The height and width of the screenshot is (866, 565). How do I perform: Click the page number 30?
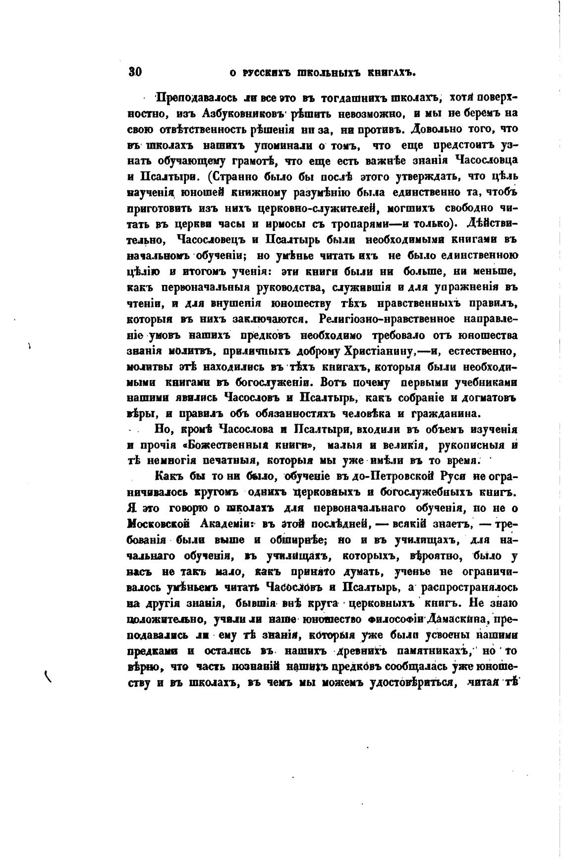point(136,72)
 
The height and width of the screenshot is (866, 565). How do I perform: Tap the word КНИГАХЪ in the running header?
point(390,73)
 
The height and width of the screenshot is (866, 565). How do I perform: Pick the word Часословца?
point(486,160)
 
